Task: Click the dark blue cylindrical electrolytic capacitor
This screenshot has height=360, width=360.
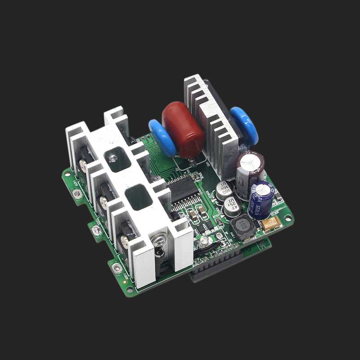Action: click(261, 200)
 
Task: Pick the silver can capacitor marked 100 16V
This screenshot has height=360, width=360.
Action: click(225, 191)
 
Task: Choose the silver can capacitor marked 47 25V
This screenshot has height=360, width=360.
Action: click(232, 207)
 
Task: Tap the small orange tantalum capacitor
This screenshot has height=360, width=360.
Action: click(272, 224)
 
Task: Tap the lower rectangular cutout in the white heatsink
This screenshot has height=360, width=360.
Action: click(139, 197)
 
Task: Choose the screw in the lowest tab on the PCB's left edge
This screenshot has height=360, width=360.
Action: click(118, 269)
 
